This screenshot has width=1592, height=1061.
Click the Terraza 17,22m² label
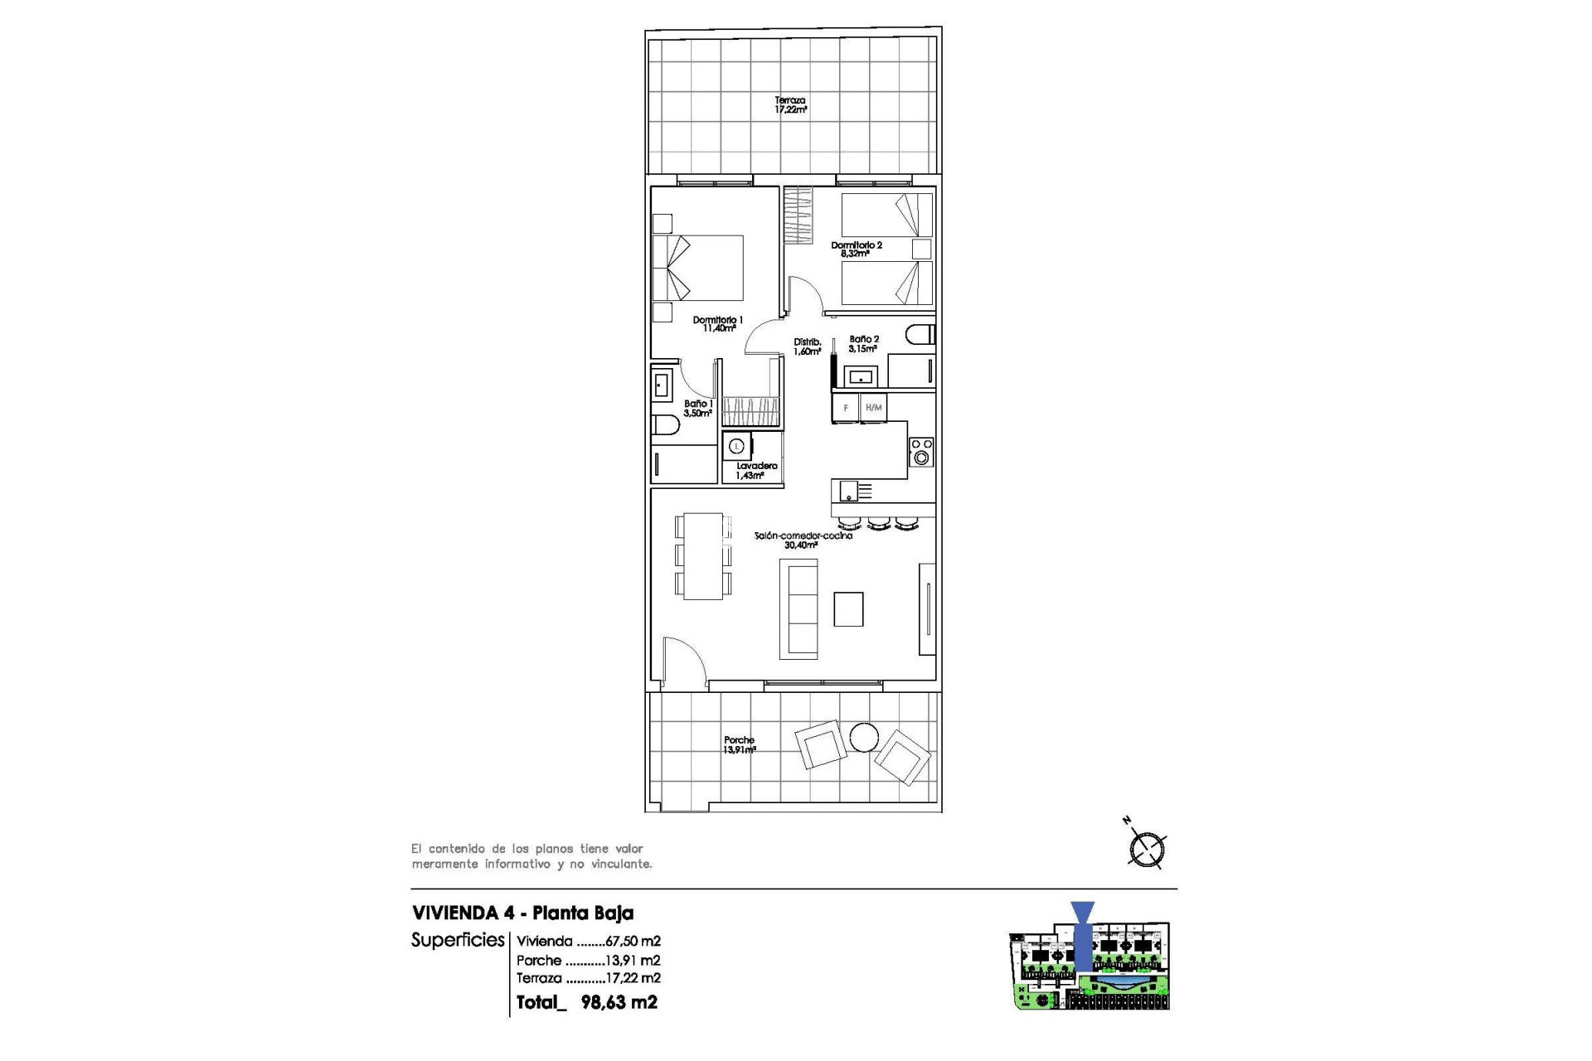pyautogui.click(x=790, y=104)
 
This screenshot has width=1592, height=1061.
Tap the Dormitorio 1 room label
pyautogui.click(x=718, y=324)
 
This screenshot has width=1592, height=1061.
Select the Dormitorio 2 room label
pyautogui.click(x=857, y=250)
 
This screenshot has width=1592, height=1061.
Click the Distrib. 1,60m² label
pyautogui.click(x=807, y=346)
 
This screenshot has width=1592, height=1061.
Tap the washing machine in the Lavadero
pyautogui.click(x=736, y=447)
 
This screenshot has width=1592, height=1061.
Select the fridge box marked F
pyautogui.click(x=846, y=408)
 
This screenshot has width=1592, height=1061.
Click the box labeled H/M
pyautogui.click(x=873, y=408)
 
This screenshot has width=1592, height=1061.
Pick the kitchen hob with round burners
pyautogui.click(x=921, y=452)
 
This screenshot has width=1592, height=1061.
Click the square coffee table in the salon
pyautogui.click(x=848, y=609)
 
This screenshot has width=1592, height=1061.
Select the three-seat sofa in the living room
pyautogui.click(x=798, y=609)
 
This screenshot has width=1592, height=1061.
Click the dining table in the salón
pyautogui.click(x=703, y=555)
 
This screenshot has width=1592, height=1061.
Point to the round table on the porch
pyautogui.click(x=863, y=737)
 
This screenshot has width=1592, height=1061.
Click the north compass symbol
pyautogui.click(x=1147, y=849)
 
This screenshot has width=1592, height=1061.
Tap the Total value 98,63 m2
pyautogui.click(x=619, y=1002)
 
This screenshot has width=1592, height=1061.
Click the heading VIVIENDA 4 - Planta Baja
pyautogui.click(x=522, y=913)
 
